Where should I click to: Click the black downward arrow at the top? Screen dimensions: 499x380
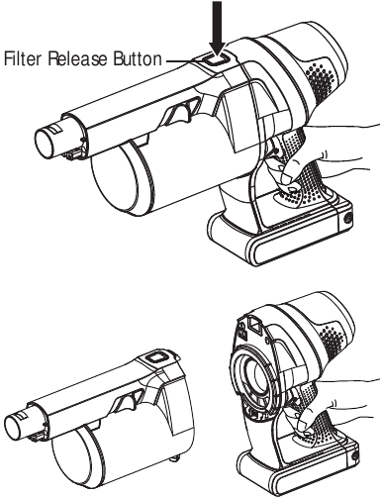(220, 21)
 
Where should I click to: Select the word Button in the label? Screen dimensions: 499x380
(137, 57)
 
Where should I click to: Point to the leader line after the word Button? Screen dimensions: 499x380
(184, 58)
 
